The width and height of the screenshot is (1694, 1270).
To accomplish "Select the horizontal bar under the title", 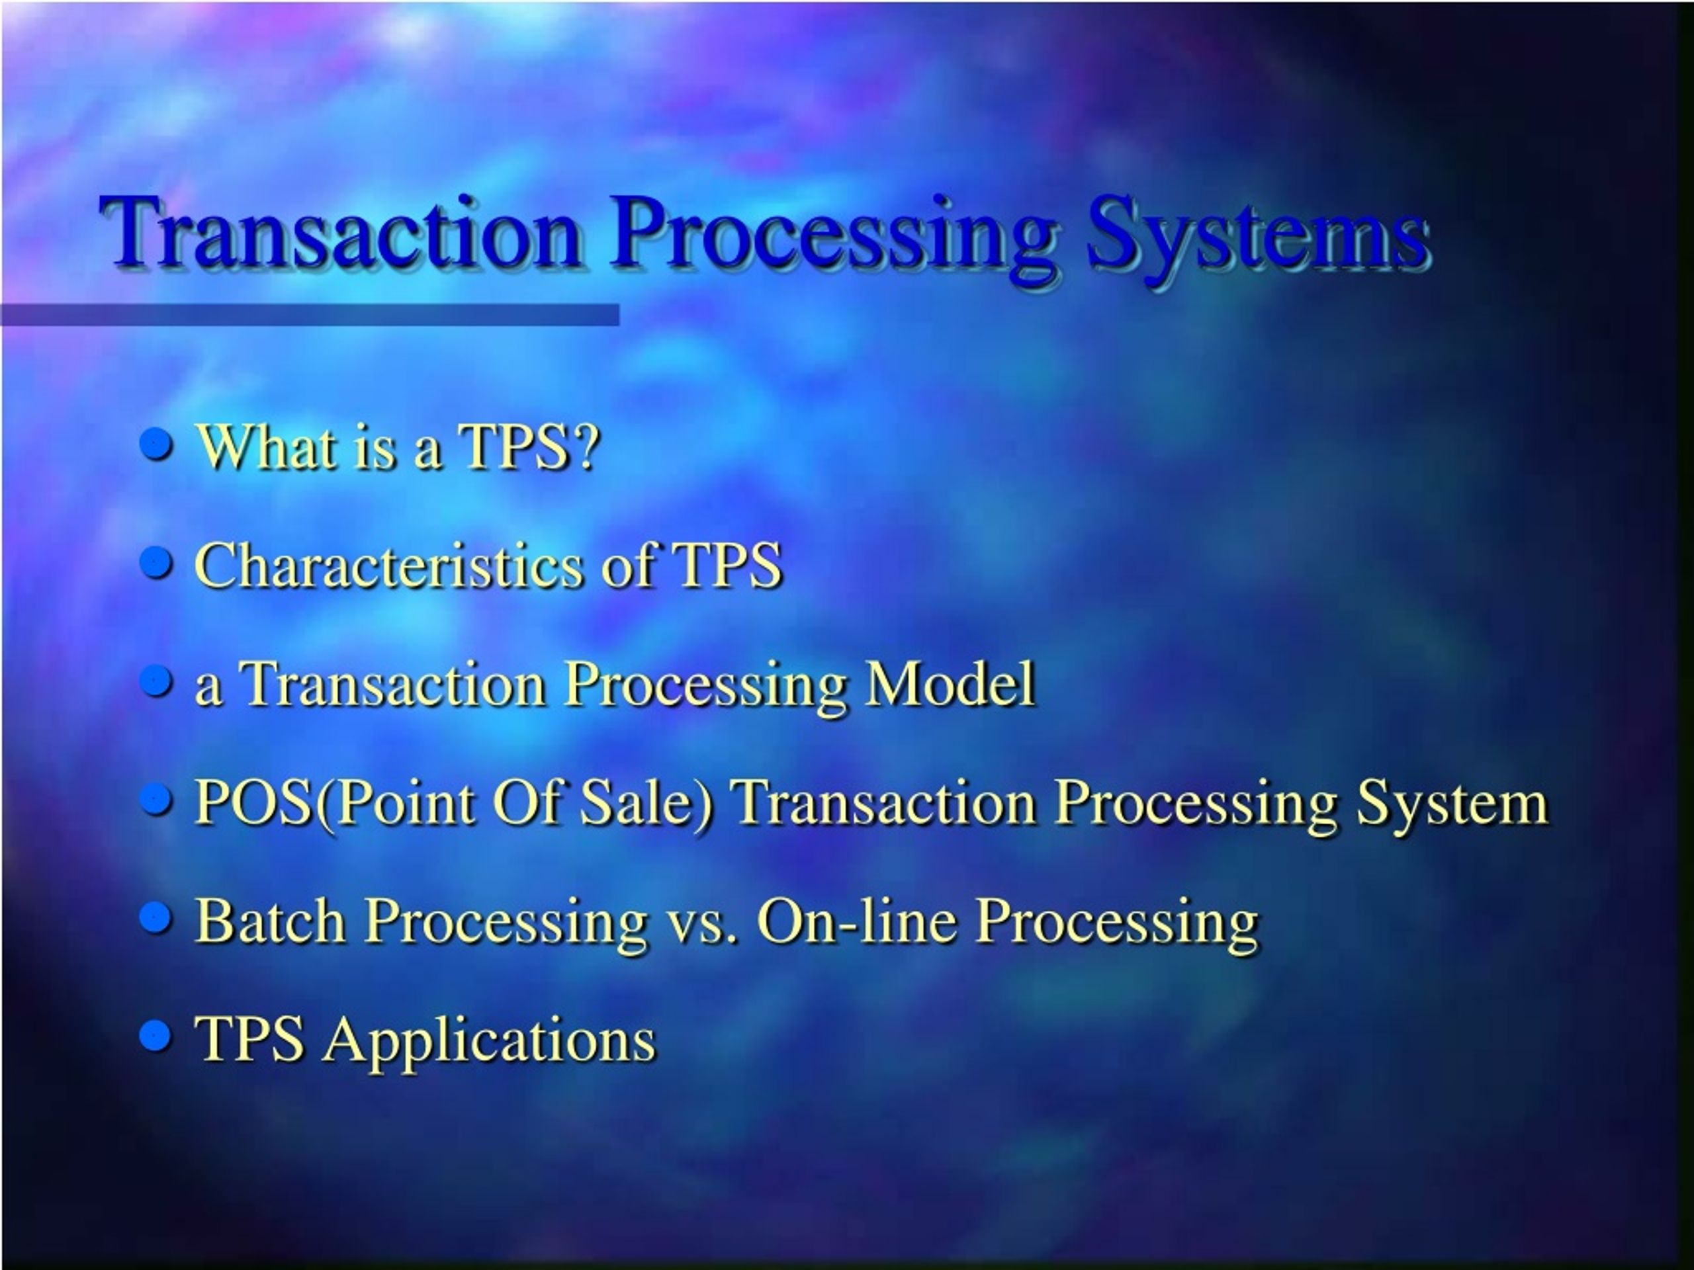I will pos(310,315).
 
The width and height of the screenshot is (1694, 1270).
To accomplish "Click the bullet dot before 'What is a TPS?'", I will pos(157,444).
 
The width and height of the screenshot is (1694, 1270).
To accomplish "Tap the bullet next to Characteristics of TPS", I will pos(157,563).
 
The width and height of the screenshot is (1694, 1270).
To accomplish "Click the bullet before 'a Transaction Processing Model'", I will pos(157,681).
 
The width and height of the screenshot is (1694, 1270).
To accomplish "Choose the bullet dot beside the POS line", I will pos(157,799).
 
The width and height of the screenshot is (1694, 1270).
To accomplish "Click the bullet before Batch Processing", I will pos(157,917).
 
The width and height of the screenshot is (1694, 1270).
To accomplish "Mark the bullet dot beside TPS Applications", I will pos(157,1036).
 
